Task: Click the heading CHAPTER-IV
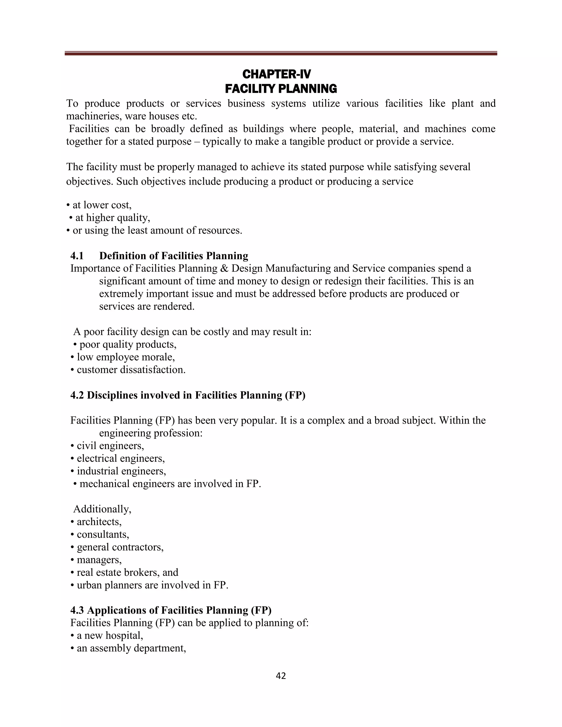point(277,74)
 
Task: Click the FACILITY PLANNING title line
point(281,89)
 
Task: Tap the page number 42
point(281,675)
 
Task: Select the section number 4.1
point(77,256)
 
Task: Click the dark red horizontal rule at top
point(281,53)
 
